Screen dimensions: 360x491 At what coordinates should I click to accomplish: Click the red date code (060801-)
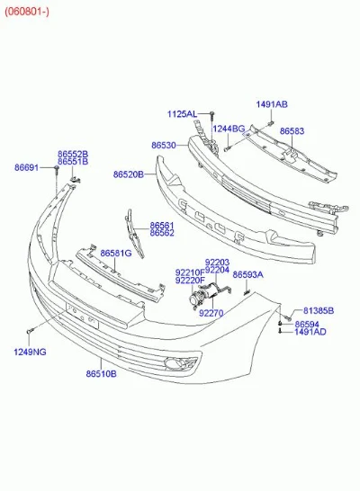coord(27,12)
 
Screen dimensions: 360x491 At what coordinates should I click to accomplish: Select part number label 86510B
coord(101,373)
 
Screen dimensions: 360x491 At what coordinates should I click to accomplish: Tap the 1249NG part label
coord(30,352)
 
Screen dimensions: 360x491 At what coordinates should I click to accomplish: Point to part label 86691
coord(27,167)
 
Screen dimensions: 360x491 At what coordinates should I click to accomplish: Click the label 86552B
coord(73,154)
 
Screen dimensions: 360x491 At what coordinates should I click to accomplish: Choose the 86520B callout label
coord(129,174)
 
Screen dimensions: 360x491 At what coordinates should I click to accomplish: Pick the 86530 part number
coord(164,146)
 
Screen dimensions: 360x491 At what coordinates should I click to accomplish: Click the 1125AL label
coord(183,114)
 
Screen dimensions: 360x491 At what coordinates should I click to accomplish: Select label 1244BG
coord(229,129)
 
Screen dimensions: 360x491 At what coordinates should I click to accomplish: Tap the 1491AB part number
coord(272,104)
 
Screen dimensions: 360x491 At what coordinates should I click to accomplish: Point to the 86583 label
coord(292,131)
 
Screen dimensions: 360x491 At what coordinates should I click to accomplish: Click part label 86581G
coord(116,253)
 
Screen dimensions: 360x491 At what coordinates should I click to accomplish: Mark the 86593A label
coord(248,274)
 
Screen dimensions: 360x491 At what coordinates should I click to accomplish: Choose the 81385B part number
coord(319,310)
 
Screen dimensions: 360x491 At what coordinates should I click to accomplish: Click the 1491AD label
coord(310,332)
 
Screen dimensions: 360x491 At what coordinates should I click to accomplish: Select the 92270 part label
coord(211,313)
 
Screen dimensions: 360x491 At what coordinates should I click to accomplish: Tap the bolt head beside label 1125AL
coord(212,113)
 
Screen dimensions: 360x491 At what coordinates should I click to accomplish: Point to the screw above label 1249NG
coord(30,330)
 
